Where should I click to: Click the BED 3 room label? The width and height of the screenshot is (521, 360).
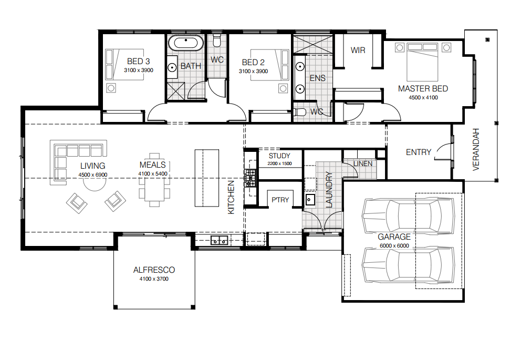tap(138, 61)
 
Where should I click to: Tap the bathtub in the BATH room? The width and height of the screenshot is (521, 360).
tap(186, 43)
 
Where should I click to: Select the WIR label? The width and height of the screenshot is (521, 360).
tap(358, 50)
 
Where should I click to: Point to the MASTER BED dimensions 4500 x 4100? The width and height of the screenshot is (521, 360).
tap(423, 97)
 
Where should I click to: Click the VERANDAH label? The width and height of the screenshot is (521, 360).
tap(476, 150)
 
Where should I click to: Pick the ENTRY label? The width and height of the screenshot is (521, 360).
tap(419, 152)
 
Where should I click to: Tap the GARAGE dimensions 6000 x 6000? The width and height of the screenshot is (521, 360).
tap(394, 245)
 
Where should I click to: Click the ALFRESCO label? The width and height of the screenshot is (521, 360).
tap(154, 270)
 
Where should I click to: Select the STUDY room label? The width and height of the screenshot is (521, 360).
tap(279, 156)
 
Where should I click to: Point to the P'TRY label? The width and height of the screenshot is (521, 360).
tap(280, 200)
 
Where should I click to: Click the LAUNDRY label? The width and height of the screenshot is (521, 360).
tap(329, 190)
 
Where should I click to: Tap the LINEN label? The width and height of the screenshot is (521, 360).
tap(363, 164)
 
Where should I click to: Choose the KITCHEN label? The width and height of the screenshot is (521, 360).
tap(231, 197)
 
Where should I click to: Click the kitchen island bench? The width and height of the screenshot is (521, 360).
tap(207, 178)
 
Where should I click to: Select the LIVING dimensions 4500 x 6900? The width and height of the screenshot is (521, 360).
tap(93, 175)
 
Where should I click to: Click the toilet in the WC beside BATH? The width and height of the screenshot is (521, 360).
tap(217, 40)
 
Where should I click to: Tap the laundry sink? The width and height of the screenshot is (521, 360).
tap(310, 200)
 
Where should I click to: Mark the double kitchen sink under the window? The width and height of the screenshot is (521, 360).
tap(220, 240)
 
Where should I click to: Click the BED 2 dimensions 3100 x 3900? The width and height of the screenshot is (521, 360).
tap(253, 71)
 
